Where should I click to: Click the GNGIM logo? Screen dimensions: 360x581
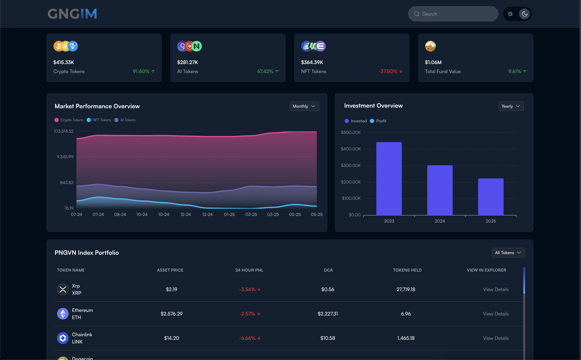tap(72, 14)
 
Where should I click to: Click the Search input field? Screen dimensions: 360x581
tap(453, 14)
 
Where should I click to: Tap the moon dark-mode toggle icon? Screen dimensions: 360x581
tap(524, 14)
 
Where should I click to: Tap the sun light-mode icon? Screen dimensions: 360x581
tap(510, 14)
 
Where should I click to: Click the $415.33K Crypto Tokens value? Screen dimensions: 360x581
tap(63, 62)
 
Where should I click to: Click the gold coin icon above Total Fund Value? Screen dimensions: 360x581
tap(430, 46)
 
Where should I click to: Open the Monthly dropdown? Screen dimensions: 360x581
tap(304, 106)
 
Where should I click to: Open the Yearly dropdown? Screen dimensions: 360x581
tap(511, 106)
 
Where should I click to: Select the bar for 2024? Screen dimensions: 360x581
tap(440, 190)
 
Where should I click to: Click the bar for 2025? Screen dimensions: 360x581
tap(490, 197)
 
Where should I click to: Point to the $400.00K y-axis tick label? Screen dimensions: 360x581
tap(350, 149)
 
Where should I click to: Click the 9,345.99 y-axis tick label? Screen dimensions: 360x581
tap(65, 157)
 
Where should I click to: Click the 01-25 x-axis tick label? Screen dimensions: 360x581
tap(229, 214)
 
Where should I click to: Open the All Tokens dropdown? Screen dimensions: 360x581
tap(508, 253)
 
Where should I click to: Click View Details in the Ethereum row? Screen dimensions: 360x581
tap(496, 314)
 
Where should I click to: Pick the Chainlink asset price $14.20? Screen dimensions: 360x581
tap(171, 338)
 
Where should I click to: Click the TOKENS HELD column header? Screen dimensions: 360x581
tap(407, 270)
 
